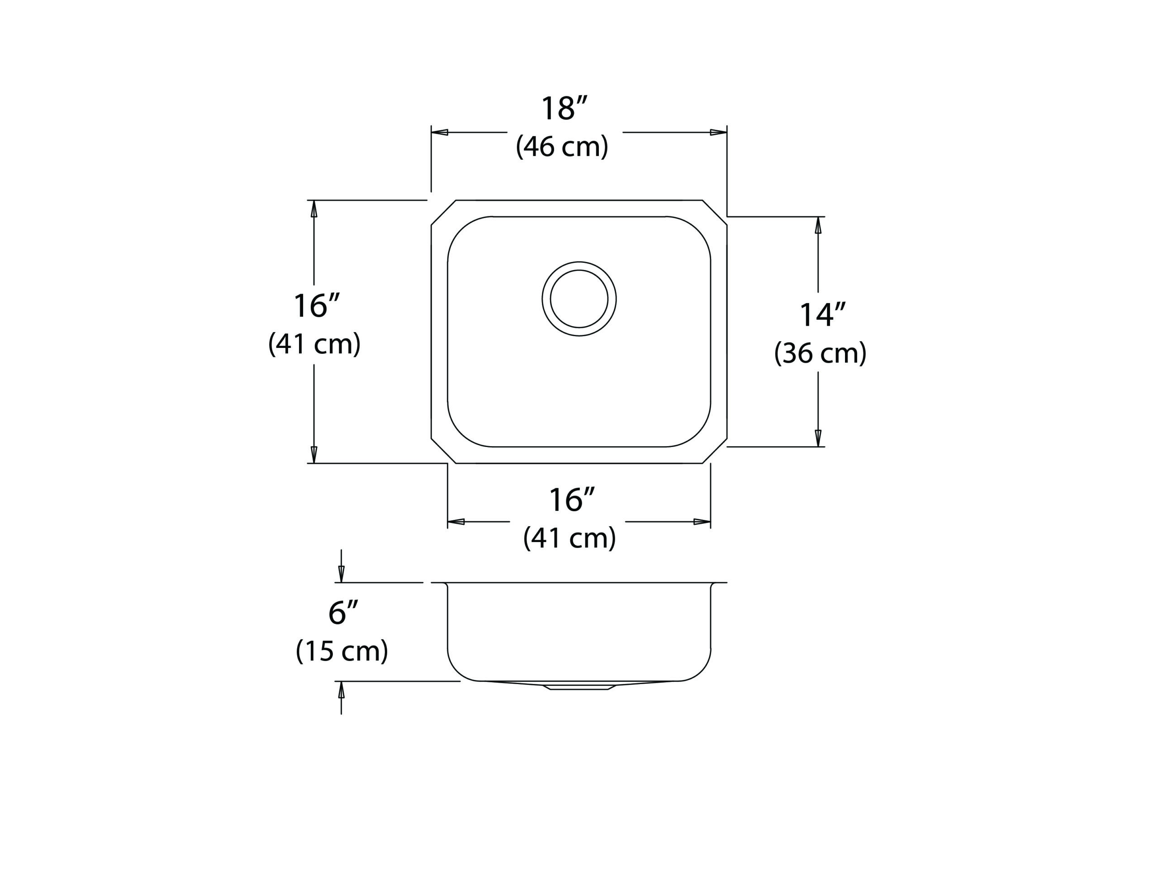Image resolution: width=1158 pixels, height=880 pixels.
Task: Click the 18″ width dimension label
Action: (564, 109)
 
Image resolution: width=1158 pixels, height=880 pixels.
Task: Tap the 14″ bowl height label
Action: (822, 315)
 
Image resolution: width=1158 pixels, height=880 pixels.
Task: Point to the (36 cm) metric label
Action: (820, 353)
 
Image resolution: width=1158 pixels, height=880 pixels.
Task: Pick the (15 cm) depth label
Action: (342, 651)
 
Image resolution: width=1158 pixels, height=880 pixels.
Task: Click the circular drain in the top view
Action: (579, 299)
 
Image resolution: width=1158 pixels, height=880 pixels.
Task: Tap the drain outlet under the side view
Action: (579, 686)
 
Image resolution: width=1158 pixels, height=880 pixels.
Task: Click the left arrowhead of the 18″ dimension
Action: (439, 132)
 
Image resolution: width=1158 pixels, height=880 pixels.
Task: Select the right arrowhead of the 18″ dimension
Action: (719, 132)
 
